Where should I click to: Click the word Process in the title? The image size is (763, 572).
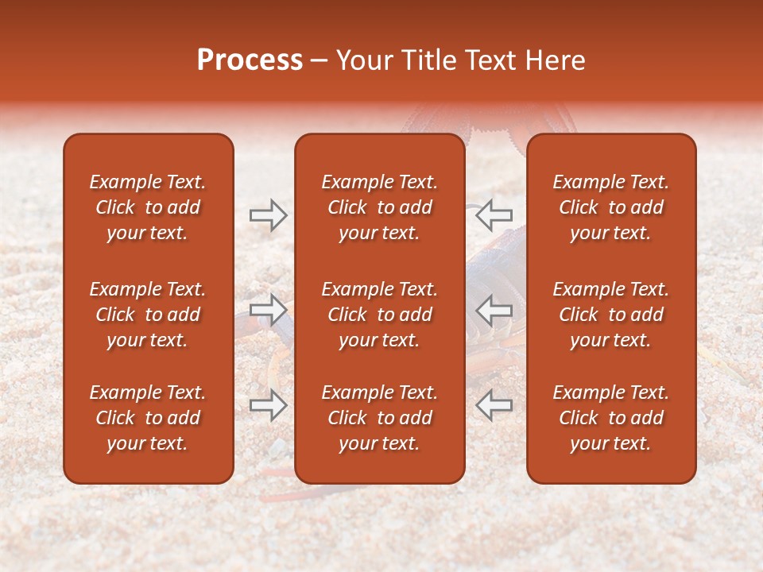tap(250, 60)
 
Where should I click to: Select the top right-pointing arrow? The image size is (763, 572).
tap(269, 215)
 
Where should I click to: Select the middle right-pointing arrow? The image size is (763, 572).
tap(269, 309)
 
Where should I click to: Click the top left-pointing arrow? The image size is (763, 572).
tap(494, 215)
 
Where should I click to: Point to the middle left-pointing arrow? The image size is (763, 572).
tap(494, 309)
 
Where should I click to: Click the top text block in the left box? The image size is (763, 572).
tap(148, 207)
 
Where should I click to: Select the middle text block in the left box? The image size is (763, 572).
tap(148, 315)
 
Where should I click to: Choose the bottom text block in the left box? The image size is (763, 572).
tap(148, 418)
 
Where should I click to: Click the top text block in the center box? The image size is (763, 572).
tap(379, 207)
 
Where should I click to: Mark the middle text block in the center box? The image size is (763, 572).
tap(379, 315)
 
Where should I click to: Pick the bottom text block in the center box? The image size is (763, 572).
tap(379, 418)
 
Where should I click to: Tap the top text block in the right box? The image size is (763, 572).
tap(611, 207)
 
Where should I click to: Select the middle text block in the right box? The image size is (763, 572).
tap(611, 315)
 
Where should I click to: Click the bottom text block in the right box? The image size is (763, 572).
tap(611, 418)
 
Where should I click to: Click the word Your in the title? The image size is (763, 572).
tap(362, 60)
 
